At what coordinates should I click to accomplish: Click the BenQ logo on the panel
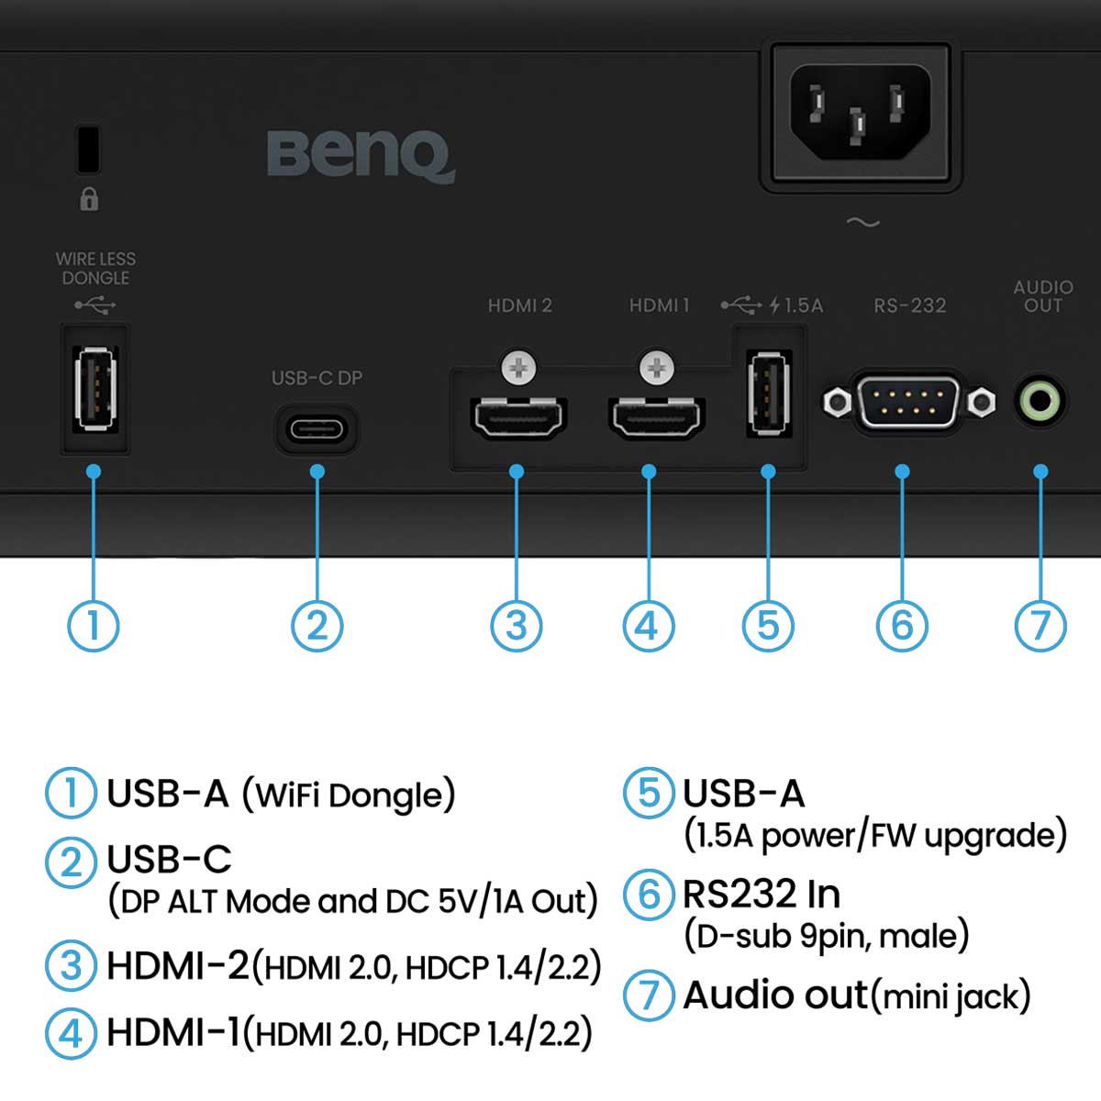(361, 156)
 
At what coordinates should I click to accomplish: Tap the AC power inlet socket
(861, 113)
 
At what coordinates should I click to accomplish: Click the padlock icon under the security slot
(89, 199)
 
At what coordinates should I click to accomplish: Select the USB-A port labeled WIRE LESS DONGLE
(96, 388)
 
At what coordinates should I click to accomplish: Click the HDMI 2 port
(518, 417)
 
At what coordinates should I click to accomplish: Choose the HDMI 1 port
(657, 417)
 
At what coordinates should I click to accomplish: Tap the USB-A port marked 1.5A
(769, 395)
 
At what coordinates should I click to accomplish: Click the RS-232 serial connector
(909, 402)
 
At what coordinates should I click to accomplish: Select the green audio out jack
(1040, 401)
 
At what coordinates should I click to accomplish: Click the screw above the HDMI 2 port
(518, 367)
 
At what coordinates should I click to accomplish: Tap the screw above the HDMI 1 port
(657, 367)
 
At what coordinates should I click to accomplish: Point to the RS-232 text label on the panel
(909, 306)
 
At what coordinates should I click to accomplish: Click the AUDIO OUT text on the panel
(1043, 296)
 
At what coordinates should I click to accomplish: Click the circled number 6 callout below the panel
(902, 626)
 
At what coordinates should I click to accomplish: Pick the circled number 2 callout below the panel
(317, 626)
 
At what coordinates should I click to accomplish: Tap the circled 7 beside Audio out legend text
(649, 995)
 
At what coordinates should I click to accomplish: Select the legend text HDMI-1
(173, 1033)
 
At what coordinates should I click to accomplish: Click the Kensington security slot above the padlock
(89, 150)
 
